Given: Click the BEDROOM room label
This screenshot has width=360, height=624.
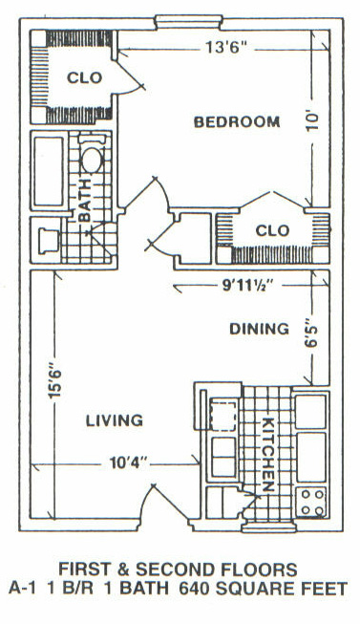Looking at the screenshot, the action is (237, 121).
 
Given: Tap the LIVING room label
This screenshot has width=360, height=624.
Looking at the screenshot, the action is (115, 420).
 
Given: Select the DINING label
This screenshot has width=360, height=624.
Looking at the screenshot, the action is (260, 329).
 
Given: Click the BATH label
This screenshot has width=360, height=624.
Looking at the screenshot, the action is (85, 200).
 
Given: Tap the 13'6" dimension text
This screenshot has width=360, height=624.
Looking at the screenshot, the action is (226, 48).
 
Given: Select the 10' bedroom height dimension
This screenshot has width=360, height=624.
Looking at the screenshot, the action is (312, 120).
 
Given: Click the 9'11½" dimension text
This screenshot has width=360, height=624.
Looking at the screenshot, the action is (248, 286).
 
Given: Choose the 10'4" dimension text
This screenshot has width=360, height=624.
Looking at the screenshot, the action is (129, 463).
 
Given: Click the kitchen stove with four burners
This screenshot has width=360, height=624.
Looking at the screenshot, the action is (312, 502).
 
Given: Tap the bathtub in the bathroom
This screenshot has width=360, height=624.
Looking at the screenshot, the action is (49, 171).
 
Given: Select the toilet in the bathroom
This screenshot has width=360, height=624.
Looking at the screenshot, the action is (49, 241).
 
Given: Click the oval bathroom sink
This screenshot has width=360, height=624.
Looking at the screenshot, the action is (92, 160).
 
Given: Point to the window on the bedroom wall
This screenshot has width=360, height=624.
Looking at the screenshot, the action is (188, 22).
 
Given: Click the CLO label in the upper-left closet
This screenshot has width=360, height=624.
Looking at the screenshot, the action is (84, 77).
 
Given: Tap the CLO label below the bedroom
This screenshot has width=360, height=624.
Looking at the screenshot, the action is (272, 230).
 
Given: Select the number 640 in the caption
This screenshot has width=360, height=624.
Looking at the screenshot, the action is (193, 589).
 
